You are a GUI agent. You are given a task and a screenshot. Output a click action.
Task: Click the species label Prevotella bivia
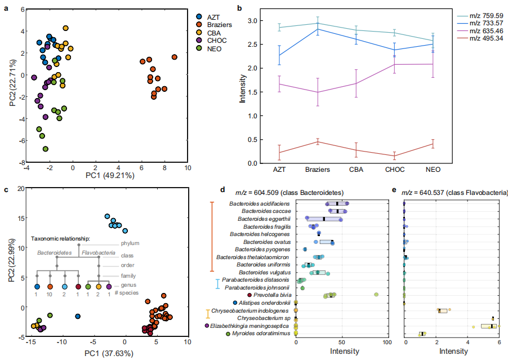270,295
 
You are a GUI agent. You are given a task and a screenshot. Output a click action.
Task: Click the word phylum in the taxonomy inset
131,244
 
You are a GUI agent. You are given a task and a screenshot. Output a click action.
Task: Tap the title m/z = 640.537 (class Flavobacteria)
454,193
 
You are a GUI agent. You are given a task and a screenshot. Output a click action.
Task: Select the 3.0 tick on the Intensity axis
253,21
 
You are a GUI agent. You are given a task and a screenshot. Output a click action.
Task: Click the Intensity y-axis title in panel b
243,92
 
